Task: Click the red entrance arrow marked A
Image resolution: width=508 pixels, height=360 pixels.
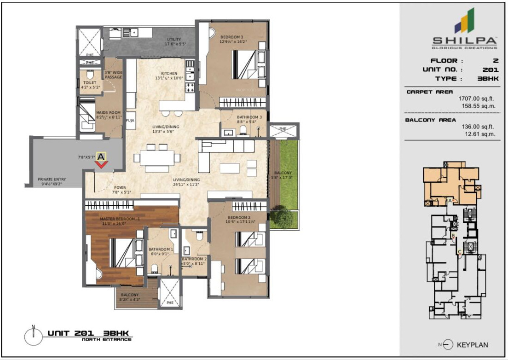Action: (x=103, y=164)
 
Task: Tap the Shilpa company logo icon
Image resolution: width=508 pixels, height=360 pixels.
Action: (x=464, y=21)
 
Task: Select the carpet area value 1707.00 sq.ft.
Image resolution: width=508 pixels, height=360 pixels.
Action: (x=476, y=99)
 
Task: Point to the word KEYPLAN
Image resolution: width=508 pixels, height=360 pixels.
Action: (x=473, y=345)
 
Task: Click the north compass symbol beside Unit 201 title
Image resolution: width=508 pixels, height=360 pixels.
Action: (x=33, y=336)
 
